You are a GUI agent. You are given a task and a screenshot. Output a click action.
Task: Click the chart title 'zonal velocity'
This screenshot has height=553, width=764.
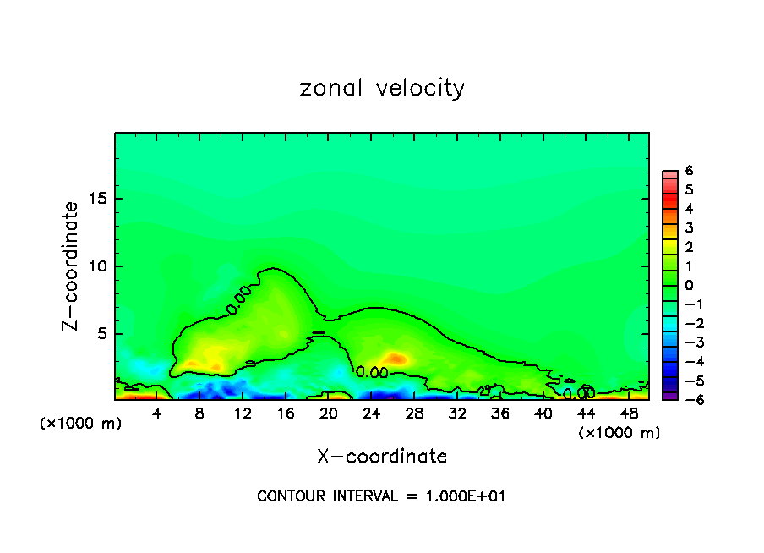pos(382,88)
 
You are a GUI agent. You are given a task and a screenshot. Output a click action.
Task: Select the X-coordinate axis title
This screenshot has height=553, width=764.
pos(382,457)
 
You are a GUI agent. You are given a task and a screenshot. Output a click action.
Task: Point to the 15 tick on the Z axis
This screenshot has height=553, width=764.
pos(98,199)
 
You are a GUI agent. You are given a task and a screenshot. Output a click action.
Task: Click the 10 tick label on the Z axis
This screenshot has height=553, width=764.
pos(98,266)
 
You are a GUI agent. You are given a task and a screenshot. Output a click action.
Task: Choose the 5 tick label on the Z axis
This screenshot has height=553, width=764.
pos(101,334)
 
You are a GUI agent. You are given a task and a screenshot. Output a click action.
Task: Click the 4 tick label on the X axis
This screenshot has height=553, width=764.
pos(157,413)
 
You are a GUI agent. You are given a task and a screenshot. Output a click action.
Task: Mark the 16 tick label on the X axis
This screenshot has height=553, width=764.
pos(286,413)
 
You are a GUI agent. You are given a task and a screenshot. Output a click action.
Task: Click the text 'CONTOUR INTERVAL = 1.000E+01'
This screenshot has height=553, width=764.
pos(382,496)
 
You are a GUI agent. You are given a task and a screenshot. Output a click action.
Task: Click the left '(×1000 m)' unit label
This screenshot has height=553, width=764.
pos(81,424)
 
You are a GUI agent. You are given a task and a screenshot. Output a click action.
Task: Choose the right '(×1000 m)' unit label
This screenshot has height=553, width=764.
pos(619,433)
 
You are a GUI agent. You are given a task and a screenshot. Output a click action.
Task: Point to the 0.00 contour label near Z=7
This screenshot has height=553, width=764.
pos(239,299)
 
